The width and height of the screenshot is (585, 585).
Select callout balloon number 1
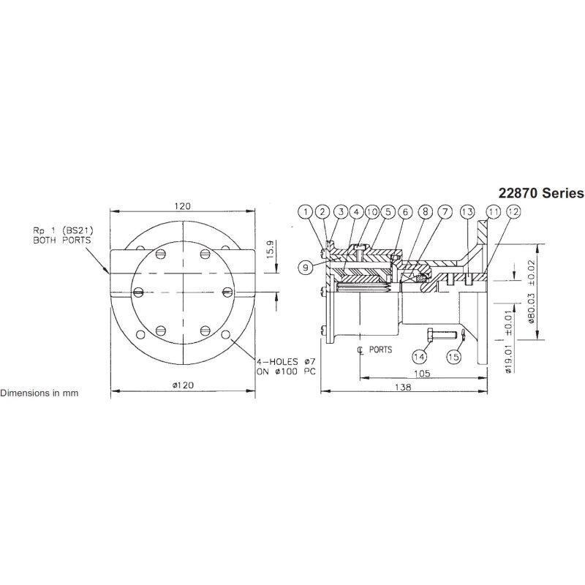click(x=306, y=212)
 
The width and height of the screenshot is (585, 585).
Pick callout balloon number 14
click(x=418, y=356)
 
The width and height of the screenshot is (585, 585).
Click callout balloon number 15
click(x=453, y=356)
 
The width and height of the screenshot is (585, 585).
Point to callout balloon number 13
click(x=468, y=212)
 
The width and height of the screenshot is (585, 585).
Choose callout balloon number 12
click(x=513, y=212)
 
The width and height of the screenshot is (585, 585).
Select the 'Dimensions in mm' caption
click(x=39, y=393)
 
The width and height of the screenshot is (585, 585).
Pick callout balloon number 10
click(x=372, y=212)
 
